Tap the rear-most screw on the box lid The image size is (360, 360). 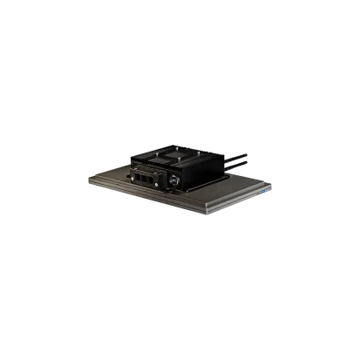coord(178,146)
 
